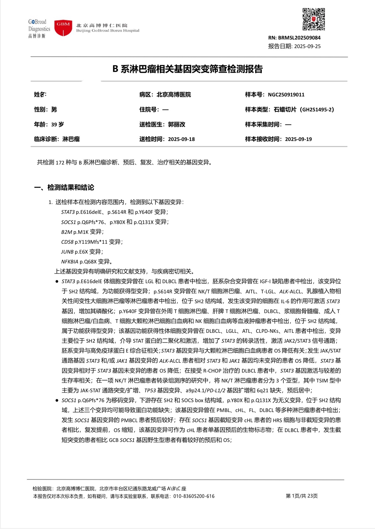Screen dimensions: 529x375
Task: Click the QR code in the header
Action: pos(313,19)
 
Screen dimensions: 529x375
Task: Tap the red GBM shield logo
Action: pos(63,28)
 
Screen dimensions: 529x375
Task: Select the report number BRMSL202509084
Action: pos(299,38)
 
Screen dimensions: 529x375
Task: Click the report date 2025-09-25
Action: pos(307,46)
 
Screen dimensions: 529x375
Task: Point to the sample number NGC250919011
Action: pos(286,94)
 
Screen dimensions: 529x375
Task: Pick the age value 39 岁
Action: pos(58,124)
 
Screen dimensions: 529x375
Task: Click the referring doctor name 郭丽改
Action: pos(177,124)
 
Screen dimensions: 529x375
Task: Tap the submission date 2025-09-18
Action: pos(181,139)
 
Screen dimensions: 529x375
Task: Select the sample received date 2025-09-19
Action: pos(298,139)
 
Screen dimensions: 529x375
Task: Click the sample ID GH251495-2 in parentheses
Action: pos(317,109)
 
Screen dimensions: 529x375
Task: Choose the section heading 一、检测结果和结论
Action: pos(64,187)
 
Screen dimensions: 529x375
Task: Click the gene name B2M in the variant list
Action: pos(66,232)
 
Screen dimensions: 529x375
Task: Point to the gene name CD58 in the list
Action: pos(67,242)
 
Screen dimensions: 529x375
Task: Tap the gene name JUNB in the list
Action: pos(67,252)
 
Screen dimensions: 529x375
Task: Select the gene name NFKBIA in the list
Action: pos(69,261)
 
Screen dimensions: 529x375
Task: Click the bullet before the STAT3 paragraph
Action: pos(57,282)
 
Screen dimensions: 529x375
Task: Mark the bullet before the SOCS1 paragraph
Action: pos(57,400)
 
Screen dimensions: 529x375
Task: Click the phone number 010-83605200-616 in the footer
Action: pos(194,496)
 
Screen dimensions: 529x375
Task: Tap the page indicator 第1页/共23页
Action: pos(302,496)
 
